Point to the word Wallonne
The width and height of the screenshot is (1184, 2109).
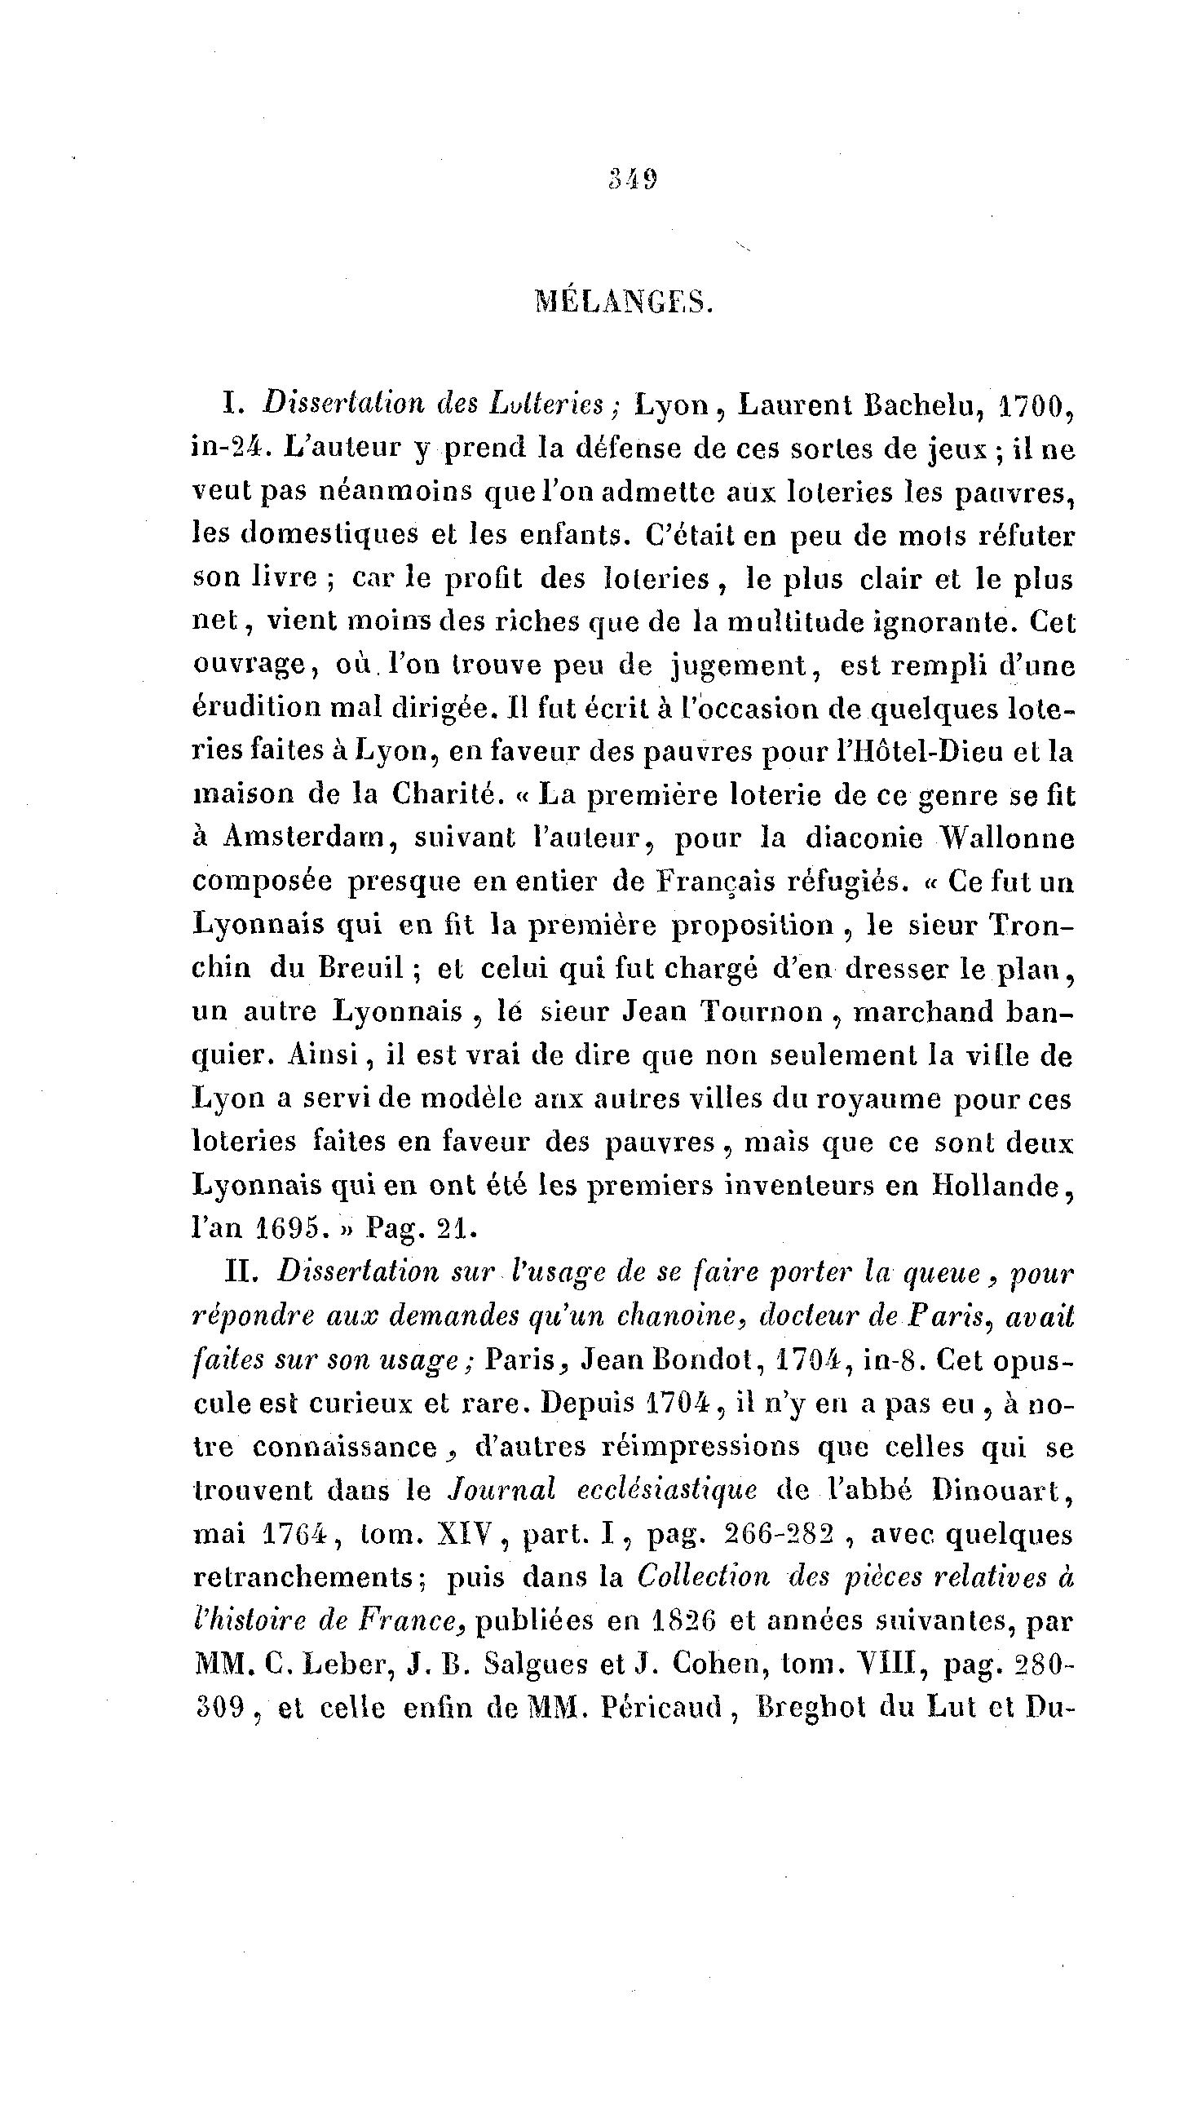coord(1006,838)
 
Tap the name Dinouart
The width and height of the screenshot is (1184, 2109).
coord(1002,1489)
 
